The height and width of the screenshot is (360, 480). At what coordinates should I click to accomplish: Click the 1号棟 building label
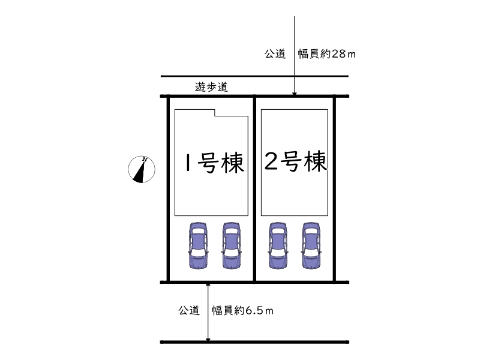click(215, 163)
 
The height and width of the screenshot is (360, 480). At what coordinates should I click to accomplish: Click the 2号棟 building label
click(296, 161)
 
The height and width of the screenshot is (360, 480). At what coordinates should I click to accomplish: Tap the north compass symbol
click(142, 169)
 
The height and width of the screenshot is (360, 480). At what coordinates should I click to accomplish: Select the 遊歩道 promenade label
click(212, 87)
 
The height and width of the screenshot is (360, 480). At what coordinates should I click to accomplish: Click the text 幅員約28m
click(327, 54)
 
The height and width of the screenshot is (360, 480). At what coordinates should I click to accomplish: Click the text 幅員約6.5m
click(242, 311)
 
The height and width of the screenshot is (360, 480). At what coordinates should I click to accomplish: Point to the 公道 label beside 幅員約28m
click(275, 54)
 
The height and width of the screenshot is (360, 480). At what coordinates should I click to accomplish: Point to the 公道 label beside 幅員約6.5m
click(189, 310)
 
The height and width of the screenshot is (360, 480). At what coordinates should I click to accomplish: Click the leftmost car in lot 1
click(198, 245)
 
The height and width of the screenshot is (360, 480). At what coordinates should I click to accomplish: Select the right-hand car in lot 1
click(231, 245)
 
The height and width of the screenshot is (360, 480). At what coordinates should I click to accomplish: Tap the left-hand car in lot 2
click(278, 245)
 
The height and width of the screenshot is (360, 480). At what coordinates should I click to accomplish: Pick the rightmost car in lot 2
click(311, 245)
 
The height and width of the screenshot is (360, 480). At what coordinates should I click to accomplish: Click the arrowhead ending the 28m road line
click(295, 94)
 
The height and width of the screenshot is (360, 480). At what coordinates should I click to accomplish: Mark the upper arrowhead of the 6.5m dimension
click(208, 284)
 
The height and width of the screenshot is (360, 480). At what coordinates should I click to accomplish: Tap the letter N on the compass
click(145, 159)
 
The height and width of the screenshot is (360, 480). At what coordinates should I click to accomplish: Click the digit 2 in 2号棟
click(271, 161)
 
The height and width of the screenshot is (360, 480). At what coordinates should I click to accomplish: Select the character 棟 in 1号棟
click(233, 163)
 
